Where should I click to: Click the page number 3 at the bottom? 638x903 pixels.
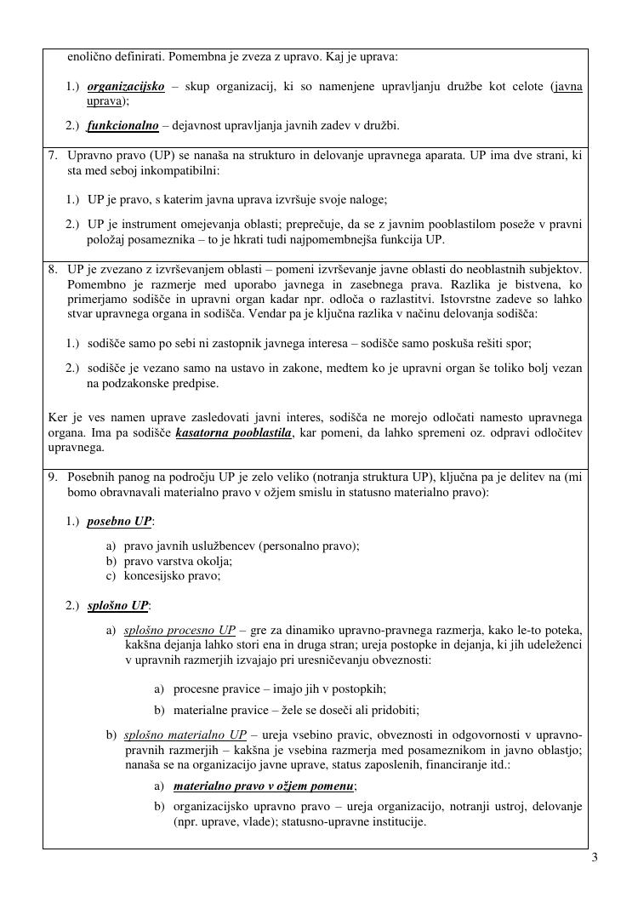click(595, 857)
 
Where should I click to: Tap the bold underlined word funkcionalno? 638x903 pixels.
click(122, 126)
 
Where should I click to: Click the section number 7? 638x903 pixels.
click(52, 157)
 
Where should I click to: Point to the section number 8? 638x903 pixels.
click(52, 269)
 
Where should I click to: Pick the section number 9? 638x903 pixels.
click(52, 478)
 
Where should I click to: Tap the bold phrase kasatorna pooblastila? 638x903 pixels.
click(233, 434)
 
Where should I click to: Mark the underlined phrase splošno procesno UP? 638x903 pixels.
click(179, 631)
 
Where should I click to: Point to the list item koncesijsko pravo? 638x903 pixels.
click(172, 575)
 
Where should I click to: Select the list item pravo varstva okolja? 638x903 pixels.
click(178, 561)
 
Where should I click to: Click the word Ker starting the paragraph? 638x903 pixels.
click(57, 417)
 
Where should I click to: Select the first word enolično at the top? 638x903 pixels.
click(90, 57)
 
